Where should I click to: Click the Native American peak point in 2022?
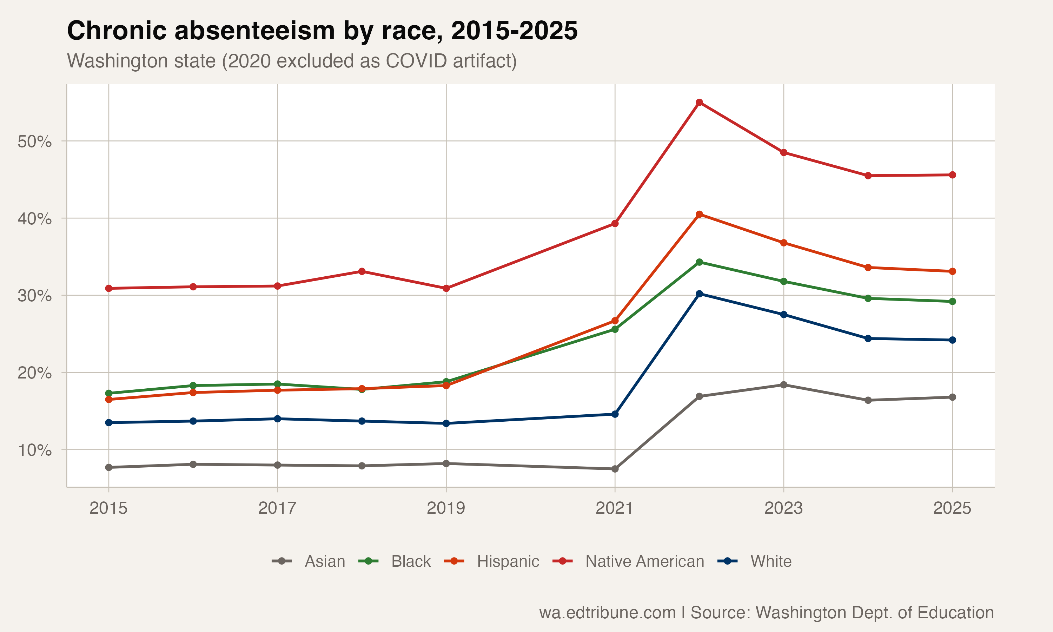pos(699,102)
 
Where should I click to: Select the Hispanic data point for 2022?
pos(699,214)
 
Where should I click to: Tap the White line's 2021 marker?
pos(615,414)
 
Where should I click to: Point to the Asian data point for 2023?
pos(783,385)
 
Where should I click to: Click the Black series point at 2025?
pos(953,302)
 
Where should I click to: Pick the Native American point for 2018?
pos(362,271)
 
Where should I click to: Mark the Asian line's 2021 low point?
pos(615,469)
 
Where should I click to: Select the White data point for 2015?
pos(108,422)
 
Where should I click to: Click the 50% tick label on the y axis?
pos(34,141)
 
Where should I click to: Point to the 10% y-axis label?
pos(34,450)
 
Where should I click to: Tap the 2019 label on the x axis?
pos(446,508)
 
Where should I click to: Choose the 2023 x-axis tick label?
pos(783,508)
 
